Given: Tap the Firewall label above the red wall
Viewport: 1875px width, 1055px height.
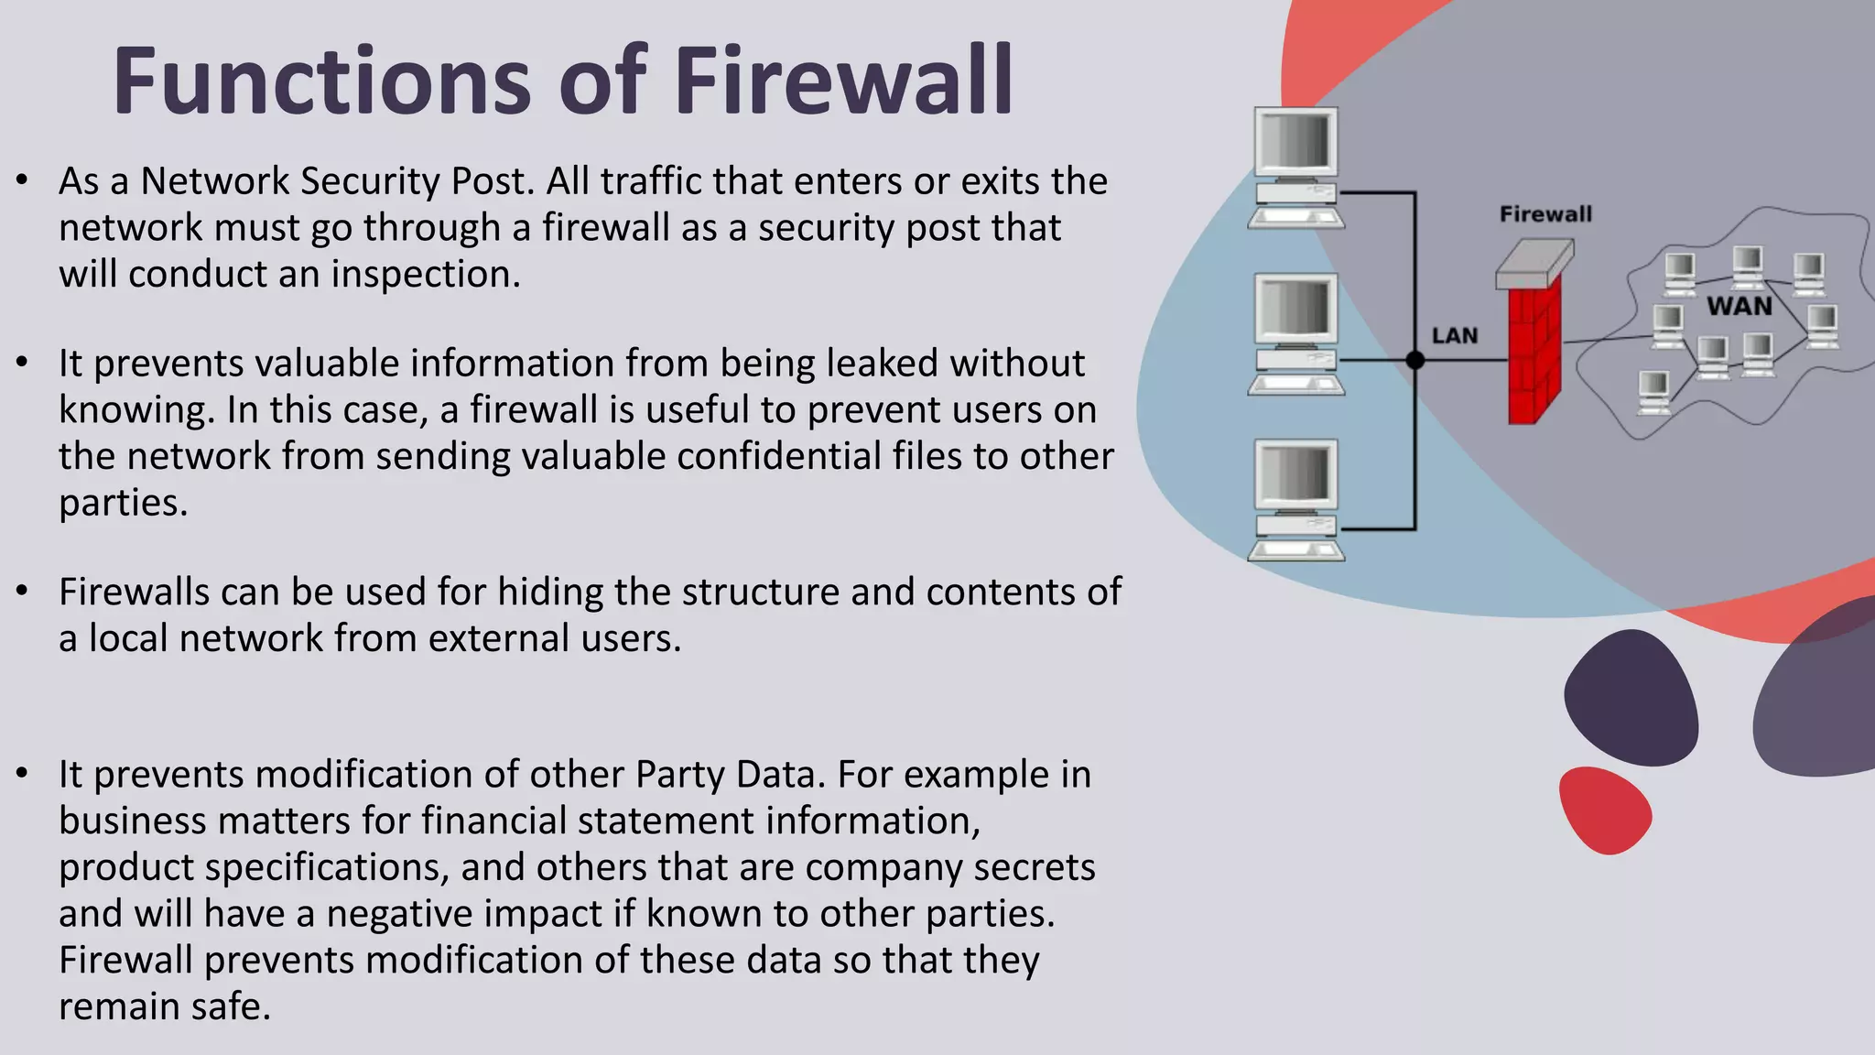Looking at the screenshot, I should (1545, 214).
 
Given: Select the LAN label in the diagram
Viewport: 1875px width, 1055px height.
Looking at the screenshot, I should (1455, 336).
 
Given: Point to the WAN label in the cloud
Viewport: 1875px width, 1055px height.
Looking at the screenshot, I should (1739, 307).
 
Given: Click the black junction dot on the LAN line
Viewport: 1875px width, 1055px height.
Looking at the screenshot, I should (1415, 361).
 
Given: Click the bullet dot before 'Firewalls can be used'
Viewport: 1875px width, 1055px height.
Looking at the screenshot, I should (23, 592).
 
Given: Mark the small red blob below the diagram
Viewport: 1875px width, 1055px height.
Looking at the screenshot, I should (1604, 810).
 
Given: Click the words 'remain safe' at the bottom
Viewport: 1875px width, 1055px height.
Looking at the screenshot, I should (165, 1006).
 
